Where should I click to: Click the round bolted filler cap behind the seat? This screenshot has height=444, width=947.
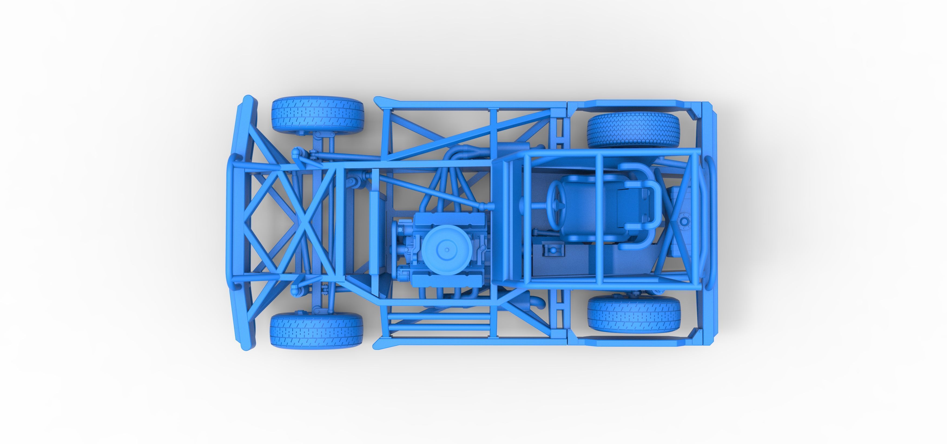(684, 221)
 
